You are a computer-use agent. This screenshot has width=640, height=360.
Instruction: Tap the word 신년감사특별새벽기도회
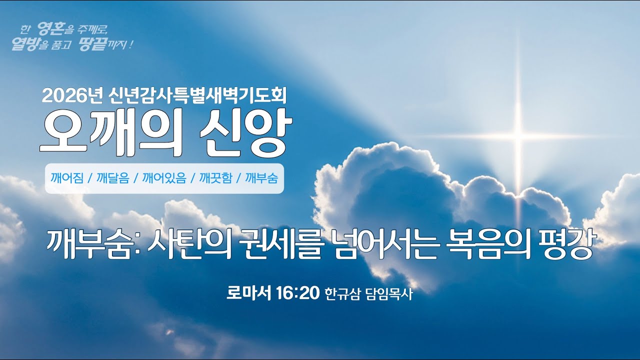click(x=197, y=95)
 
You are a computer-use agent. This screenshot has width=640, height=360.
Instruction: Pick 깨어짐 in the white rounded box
click(x=66, y=178)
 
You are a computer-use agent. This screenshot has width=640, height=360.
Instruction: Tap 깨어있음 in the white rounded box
click(x=164, y=178)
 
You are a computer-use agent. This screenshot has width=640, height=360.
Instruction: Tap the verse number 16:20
click(x=297, y=293)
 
